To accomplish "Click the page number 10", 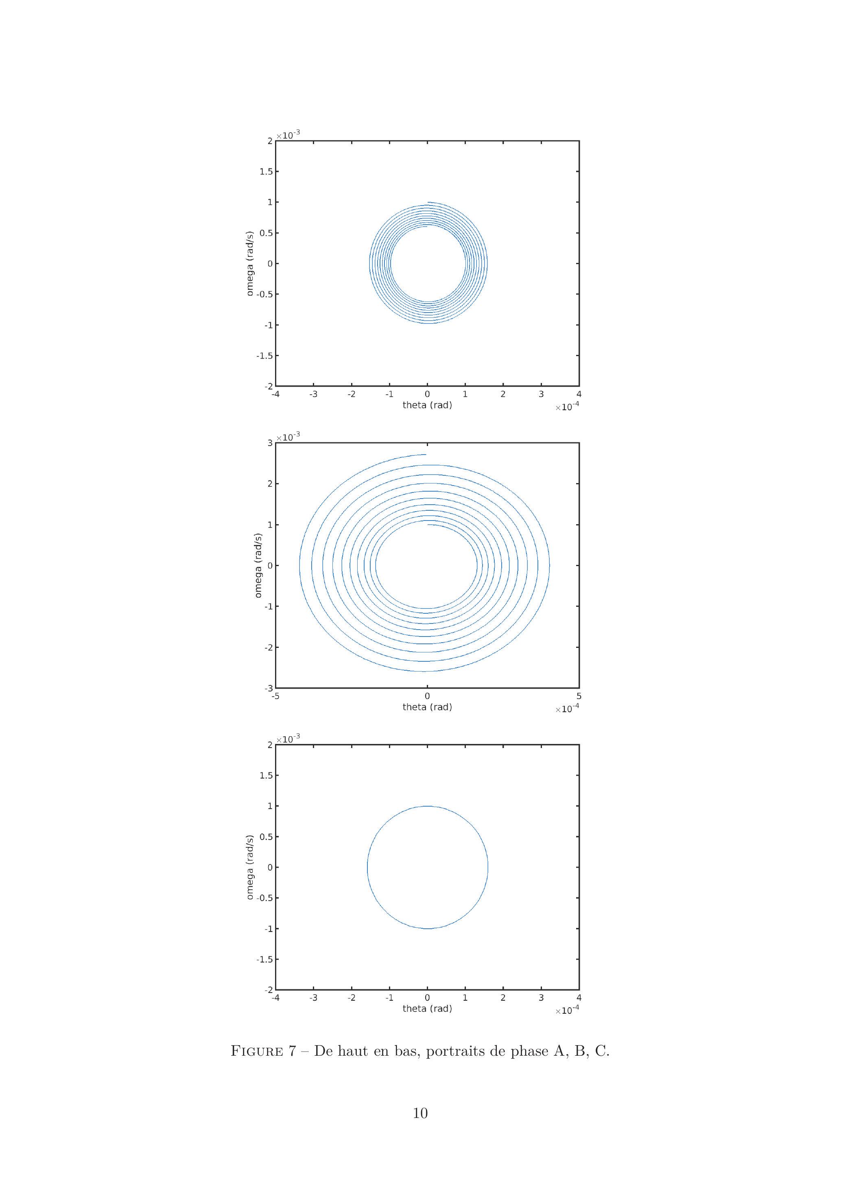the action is pyautogui.click(x=420, y=1113).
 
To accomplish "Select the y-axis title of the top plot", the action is pyautogui.click(x=250, y=263).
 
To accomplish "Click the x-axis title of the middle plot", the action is pyautogui.click(x=427, y=707).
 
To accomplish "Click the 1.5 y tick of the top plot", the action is pyautogui.click(x=266, y=172).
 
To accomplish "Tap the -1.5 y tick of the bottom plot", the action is pyautogui.click(x=264, y=959).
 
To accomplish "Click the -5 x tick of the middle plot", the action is pyautogui.click(x=275, y=696).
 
